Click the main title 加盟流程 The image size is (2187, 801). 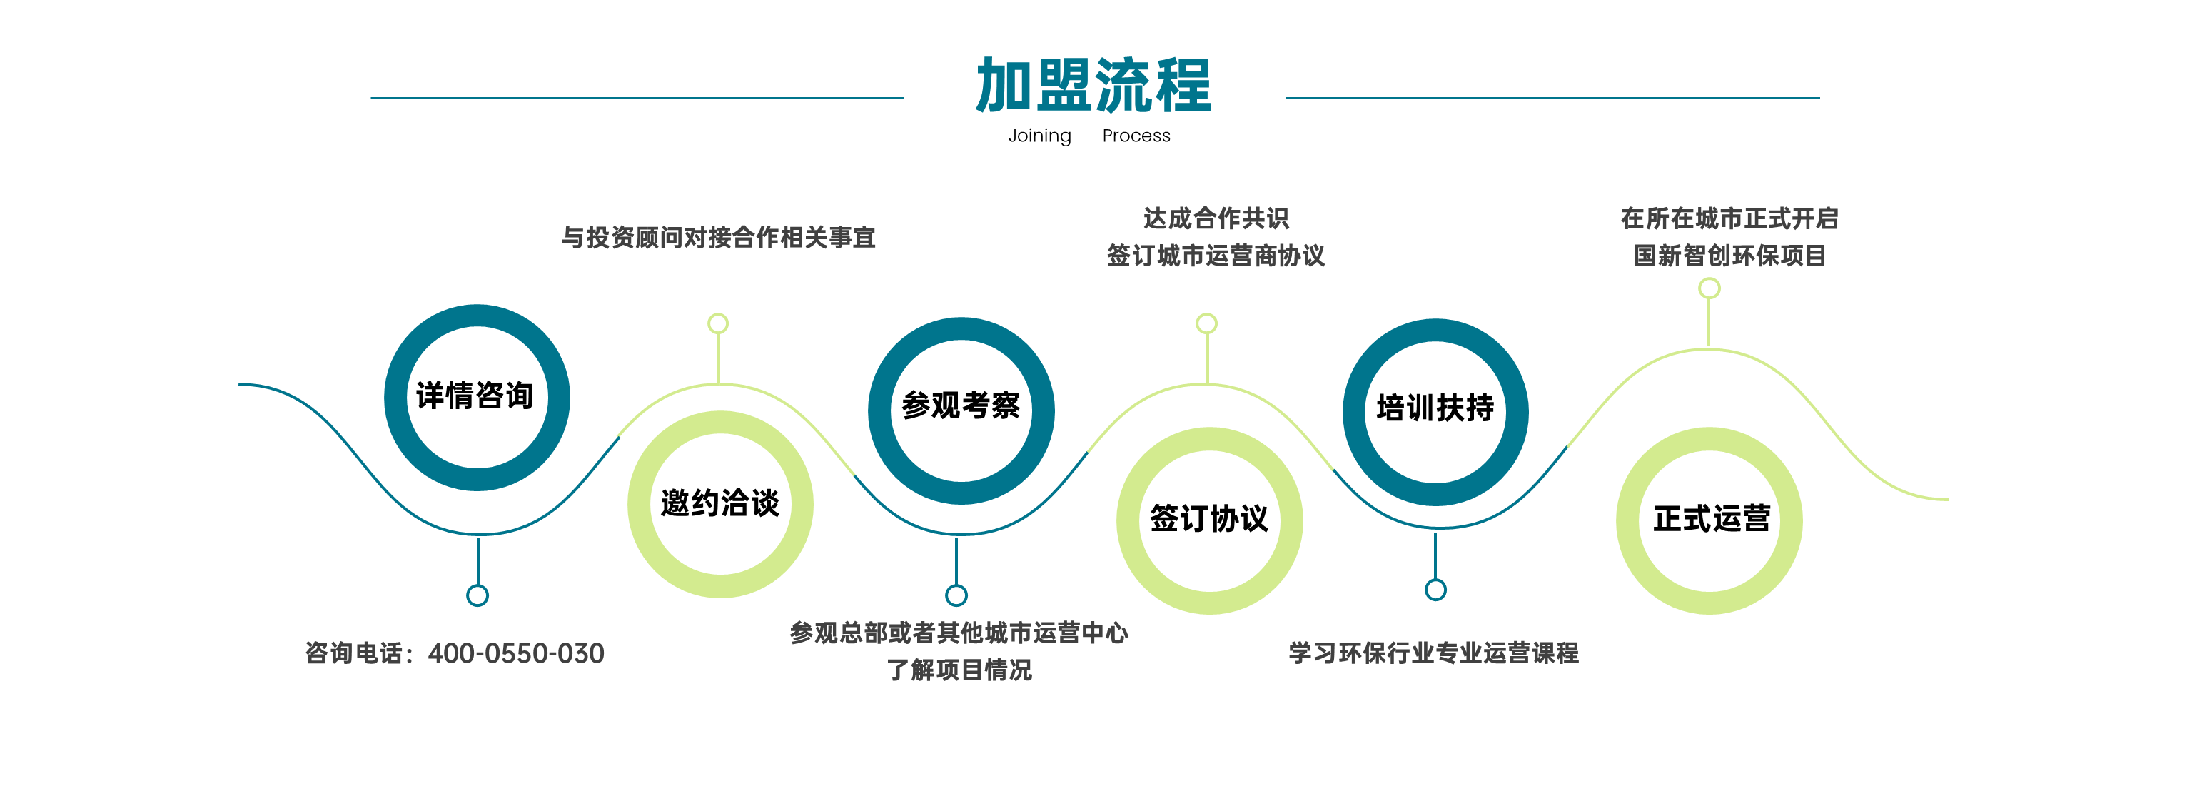(1093, 85)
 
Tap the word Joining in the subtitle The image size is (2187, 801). (1039, 136)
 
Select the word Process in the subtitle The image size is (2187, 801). (1136, 136)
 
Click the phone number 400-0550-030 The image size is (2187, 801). (516, 653)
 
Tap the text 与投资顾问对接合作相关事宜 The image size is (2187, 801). (718, 237)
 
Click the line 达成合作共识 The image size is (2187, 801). (1216, 218)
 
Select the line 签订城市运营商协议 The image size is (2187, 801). (1216, 256)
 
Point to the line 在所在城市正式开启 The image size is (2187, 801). (1729, 218)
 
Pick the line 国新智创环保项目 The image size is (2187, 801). (1729, 256)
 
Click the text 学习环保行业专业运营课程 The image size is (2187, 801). (1434, 653)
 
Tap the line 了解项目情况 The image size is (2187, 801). (959, 670)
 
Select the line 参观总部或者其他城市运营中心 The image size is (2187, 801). (959, 633)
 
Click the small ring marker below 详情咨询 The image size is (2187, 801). (477, 585)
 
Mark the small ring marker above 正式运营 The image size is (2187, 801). (1709, 278)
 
